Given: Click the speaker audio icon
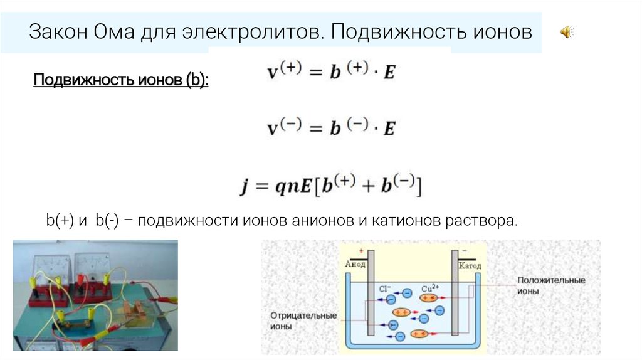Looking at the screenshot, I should (567, 32).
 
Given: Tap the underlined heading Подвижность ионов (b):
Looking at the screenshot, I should (120, 81).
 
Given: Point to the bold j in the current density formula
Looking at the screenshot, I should (245, 186).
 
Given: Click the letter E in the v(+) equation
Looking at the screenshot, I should (389, 73).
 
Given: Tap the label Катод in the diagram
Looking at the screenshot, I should (470, 266).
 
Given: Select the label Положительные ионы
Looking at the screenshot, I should (551, 286).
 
